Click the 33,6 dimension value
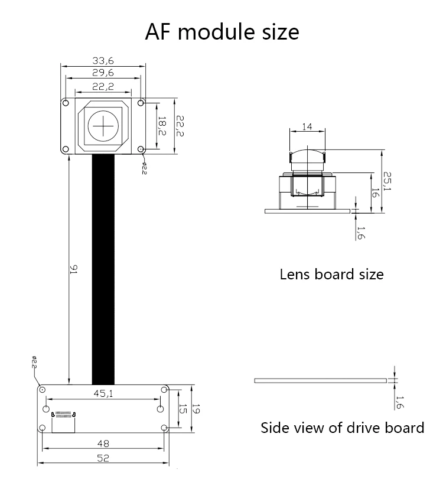point(103,60)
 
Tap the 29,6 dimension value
point(103,73)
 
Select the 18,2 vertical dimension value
point(162,126)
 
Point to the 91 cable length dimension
point(73,269)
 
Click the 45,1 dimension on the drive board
point(103,393)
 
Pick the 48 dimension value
point(103,444)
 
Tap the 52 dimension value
point(103,458)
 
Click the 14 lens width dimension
point(307,127)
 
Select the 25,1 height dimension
point(387,181)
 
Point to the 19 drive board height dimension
point(196,409)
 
